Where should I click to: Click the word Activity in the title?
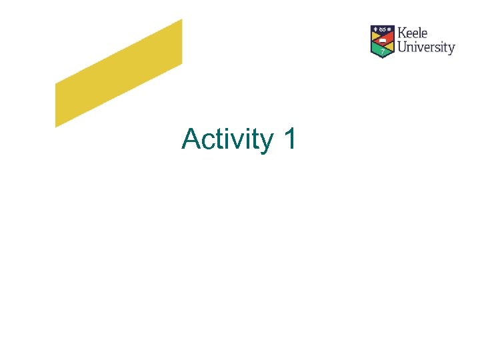pos(227,139)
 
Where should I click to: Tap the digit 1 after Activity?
pos(289,139)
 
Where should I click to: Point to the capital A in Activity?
pos(191,139)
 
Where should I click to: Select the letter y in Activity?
pos(266,142)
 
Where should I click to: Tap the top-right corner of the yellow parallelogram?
pos(181,20)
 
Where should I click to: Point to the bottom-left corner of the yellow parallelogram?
pos(55,126)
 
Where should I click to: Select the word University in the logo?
pos(426,47)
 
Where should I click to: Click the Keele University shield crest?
pos(382,41)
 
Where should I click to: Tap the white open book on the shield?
pos(383,39)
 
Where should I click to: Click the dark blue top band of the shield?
pos(383,29)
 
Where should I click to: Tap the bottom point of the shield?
pos(383,57)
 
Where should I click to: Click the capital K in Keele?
pos(402,33)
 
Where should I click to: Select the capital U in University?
pos(402,47)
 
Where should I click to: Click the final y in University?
pos(451,49)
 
